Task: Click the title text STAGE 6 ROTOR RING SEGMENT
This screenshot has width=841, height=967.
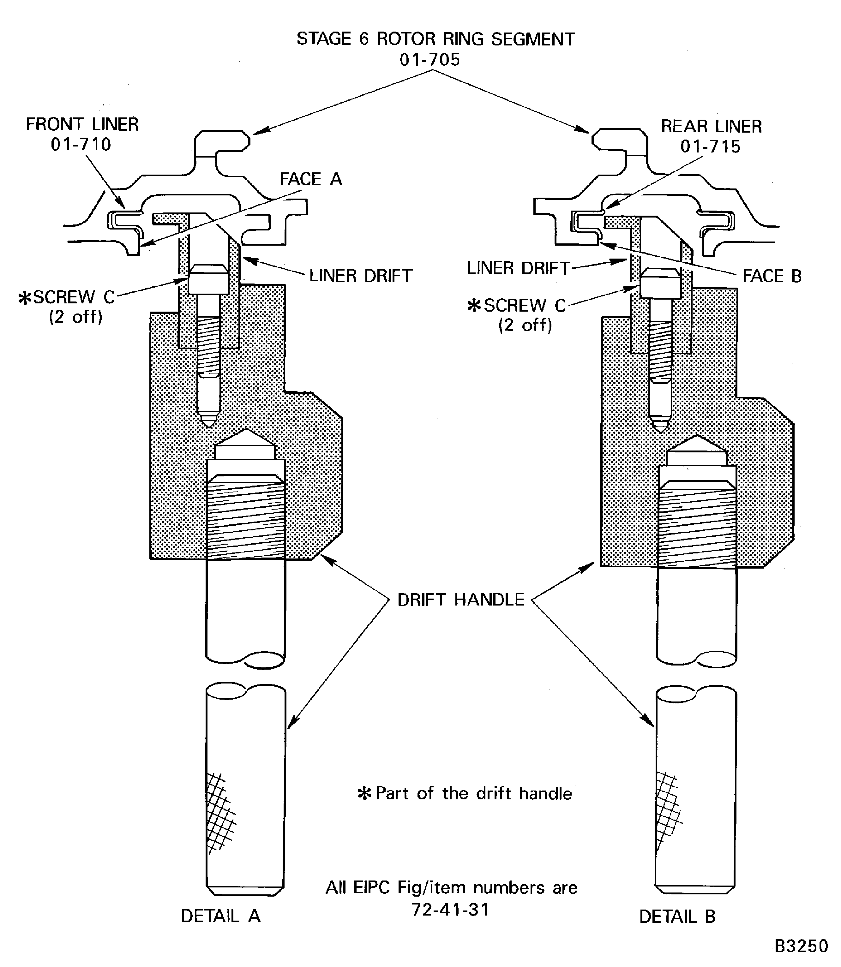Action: pyautogui.click(x=435, y=39)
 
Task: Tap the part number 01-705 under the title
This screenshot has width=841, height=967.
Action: pyautogui.click(x=430, y=60)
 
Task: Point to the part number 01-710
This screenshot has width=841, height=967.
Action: pyautogui.click(x=81, y=145)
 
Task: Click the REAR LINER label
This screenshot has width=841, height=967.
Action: pyautogui.click(x=711, y=126)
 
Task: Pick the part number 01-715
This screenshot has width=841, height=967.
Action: pyautogui.click(x=710, y=146)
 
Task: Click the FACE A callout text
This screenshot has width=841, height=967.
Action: pyautogui.click(x=311, y=179)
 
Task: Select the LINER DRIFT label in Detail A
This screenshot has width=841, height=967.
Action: pyautogui.click(x=360, y=276)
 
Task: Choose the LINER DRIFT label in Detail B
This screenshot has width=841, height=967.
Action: pyautogui.click(x=518, y=268)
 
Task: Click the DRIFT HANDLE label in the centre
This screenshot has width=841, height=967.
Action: pyautogui.click(x=460, y=600)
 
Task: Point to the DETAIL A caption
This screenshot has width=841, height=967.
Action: pyautogui.click(x=220, y=916)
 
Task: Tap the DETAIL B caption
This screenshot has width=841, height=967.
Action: pyautogui.click(x=677, y=916)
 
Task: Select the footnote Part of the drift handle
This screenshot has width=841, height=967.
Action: pyautogui.click(x=473, y=793)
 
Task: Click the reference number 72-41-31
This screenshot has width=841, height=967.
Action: pyautogui.click(x=450, y=909)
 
